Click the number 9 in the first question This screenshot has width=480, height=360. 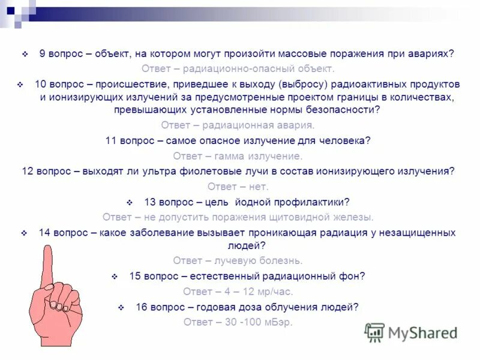point(43,53)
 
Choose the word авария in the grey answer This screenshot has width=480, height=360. point(296,125)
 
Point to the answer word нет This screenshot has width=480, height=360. point(258,186)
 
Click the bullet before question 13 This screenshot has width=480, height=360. point(130,202)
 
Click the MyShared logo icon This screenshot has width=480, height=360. point(374,332)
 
